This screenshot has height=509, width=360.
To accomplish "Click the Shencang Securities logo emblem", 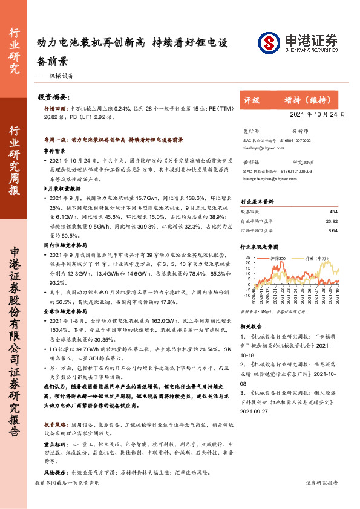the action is coord(269,42).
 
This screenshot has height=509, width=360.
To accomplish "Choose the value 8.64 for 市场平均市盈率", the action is coord(332,230).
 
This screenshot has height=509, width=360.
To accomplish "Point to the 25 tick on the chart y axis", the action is coord(247,258).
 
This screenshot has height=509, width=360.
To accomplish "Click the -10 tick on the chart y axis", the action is coord(246,296).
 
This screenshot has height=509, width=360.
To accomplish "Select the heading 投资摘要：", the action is coord(54,97).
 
